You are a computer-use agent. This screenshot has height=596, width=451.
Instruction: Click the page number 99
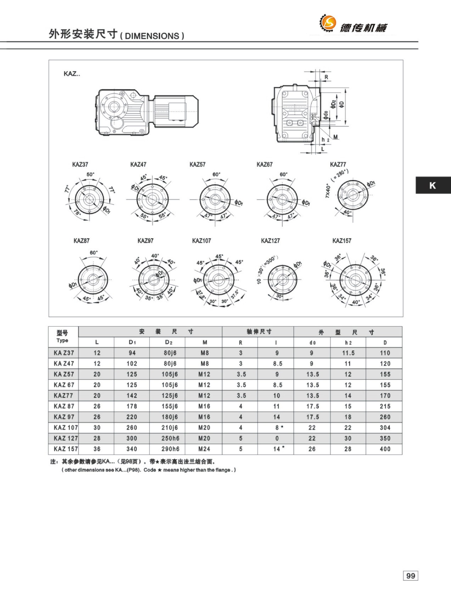click(x=410, y=576)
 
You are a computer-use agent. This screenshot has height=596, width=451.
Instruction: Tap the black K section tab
click(x=433, y=185)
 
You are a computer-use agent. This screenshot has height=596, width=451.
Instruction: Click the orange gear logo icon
click(x=328, y=23)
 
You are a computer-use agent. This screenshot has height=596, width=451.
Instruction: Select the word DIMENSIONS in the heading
click(x=152, y=36)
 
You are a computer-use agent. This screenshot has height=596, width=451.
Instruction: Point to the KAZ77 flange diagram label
click(x=338, y=164)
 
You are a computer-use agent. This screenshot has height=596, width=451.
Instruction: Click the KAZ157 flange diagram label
click(x=342, y=241)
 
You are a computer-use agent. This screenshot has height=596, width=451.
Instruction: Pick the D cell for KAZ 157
click(x=385, y=449)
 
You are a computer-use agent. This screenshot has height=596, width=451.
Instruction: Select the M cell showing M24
click(x=204, y=449)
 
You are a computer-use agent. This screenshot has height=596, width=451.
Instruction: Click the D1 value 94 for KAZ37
click(x=132, y=353)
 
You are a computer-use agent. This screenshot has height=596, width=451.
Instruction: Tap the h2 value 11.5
click(x=348, y=353)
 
